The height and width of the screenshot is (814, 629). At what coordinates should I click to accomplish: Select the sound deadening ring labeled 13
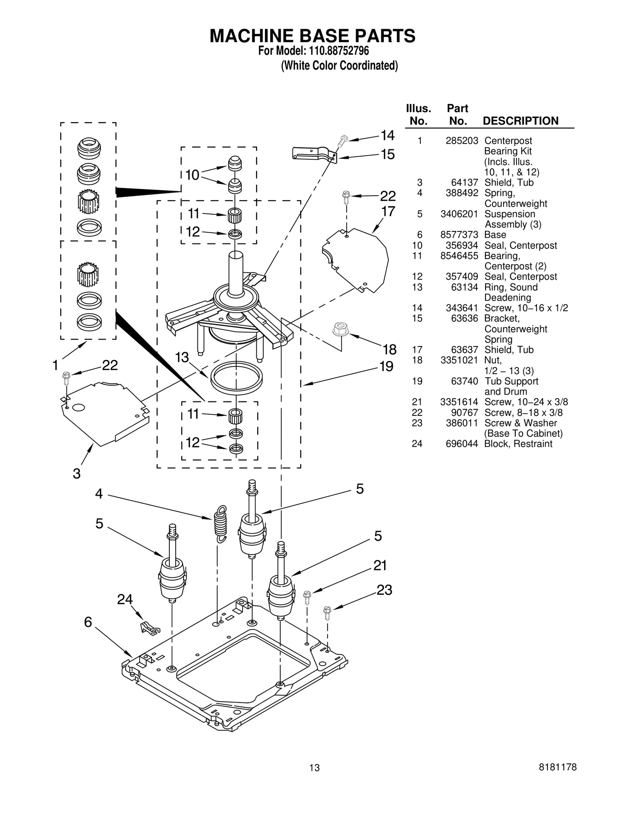pyautogui.click(x=236, y=378)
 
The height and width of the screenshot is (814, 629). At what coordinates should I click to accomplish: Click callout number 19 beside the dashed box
pyautogui.click(x=386, y=366)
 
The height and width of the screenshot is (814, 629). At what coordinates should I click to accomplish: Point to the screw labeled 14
pyautogui.click(x=343, y=140)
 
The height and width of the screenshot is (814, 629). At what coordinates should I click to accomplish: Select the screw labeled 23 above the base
pyautogui.click(x=327, y=612)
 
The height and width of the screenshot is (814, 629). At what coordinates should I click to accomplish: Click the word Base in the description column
pyautogui.click(x=495, y=235)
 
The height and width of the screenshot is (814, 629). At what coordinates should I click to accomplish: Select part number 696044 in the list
pyautogui.click(x=462, y=444)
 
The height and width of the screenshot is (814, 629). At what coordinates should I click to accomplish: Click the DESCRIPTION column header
pyautogui.click(x=520, y=121)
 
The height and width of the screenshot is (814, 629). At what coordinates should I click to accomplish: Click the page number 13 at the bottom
pyautogui.click(x=314, y=779)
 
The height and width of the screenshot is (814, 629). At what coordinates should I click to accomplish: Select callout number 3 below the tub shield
pyautogui.click(x=77, y=474)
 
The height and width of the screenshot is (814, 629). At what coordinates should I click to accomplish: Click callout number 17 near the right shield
pyautogui.click(x=388, y=211)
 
